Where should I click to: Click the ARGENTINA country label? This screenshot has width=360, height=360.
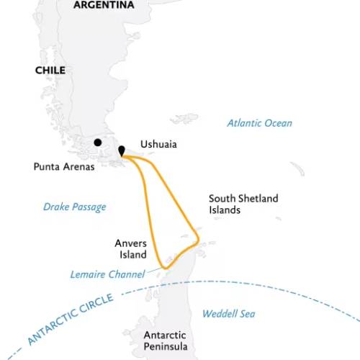tap(104, 5)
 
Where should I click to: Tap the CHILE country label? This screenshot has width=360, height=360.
tap(50, 71)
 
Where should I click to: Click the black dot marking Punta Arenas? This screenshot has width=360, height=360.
tap(97, 143)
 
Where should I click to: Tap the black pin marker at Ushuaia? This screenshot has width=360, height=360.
tap(122, 150)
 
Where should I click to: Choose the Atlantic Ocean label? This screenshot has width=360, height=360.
tap(259, 123)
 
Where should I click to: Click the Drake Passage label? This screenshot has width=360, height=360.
tap(74, 207)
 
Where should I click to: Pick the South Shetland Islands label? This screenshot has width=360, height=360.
tap(243, 204)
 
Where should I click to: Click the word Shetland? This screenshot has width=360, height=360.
tap(258, 199)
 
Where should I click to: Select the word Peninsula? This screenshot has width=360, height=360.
tap(166, 347)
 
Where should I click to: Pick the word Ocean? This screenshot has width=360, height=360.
tap(277, 123)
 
